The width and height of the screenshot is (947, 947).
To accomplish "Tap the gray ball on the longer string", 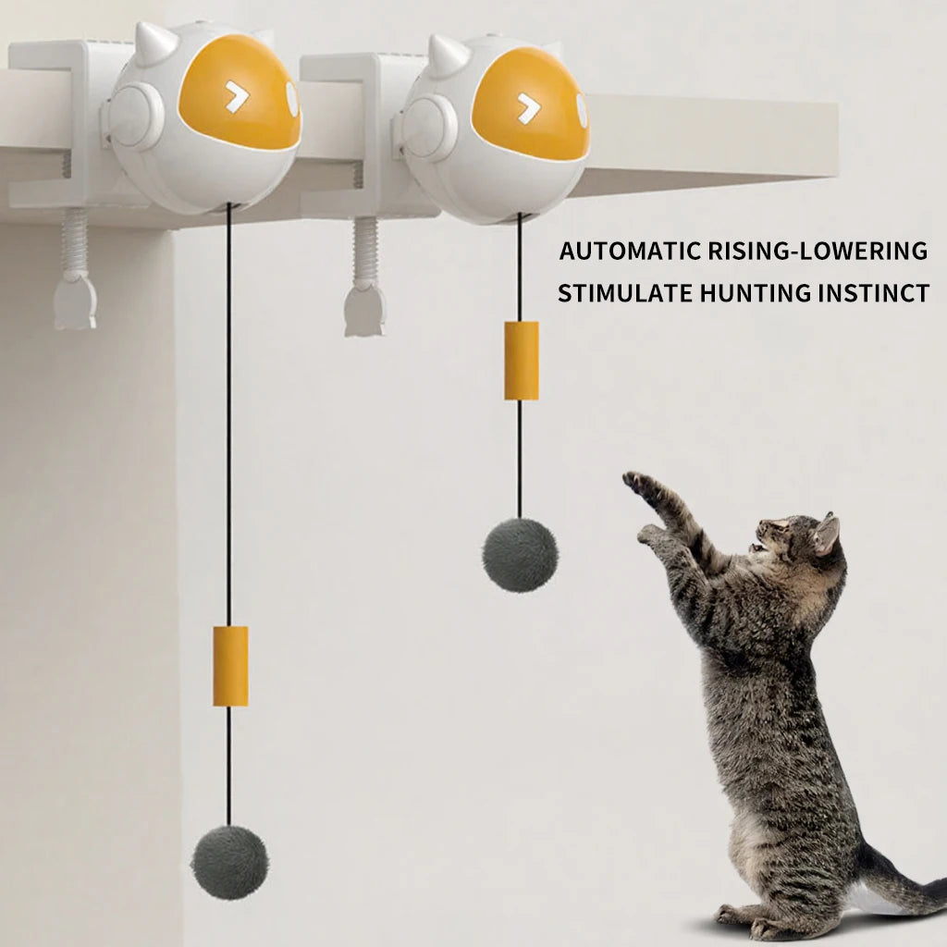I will [229, 862].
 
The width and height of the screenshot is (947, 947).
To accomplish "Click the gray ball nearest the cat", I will [520, 555].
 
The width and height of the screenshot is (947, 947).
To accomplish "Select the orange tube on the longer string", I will [230, 666].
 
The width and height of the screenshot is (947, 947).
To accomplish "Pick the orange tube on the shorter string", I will [522, 361].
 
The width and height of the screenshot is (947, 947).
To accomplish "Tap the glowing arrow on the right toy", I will [529, 107].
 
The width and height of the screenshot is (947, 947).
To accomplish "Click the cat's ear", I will [825, 535].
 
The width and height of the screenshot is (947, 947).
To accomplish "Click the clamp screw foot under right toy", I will [365, 313].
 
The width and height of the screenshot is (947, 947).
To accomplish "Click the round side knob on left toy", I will [136, 116].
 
